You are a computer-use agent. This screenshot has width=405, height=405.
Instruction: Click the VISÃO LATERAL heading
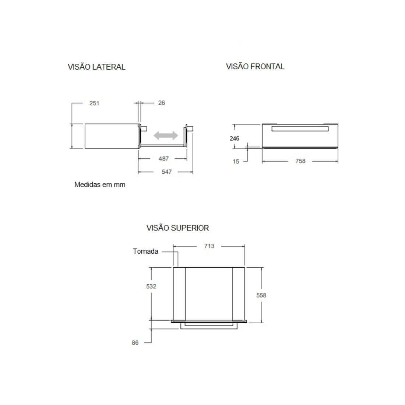pos(96,67)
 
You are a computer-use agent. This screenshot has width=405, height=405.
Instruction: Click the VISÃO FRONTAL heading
pos(255,67)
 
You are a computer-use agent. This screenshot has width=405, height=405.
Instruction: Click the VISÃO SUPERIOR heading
pos(177,228)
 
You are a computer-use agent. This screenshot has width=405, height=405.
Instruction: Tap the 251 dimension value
pos(94,103)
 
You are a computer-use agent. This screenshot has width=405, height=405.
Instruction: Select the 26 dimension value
pos(161,103)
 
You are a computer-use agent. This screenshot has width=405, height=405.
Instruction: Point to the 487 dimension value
pos(163,159)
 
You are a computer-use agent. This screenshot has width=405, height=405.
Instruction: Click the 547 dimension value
pos(167,172)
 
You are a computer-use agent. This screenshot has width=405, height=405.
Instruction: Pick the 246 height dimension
pos(234,138)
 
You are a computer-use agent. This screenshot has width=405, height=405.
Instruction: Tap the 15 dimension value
pos(236,161)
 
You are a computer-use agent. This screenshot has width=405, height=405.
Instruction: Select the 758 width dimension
pos(300,161)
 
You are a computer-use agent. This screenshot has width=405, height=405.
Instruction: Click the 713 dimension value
pos(209,246)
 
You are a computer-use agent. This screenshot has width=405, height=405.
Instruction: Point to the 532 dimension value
pos(151,286)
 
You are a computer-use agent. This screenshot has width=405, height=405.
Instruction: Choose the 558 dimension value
pos(261,295)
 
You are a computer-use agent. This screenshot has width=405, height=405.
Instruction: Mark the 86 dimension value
pos(135,343)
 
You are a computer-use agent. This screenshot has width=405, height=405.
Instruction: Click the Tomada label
pos(145,251)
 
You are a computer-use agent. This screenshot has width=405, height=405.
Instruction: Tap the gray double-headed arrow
pos(166,135)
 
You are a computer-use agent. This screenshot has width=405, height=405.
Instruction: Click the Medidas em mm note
pos(100,185)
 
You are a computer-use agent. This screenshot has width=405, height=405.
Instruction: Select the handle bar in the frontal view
pos(300,128)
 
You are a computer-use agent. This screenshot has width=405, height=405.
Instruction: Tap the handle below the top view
pos(208,326)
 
